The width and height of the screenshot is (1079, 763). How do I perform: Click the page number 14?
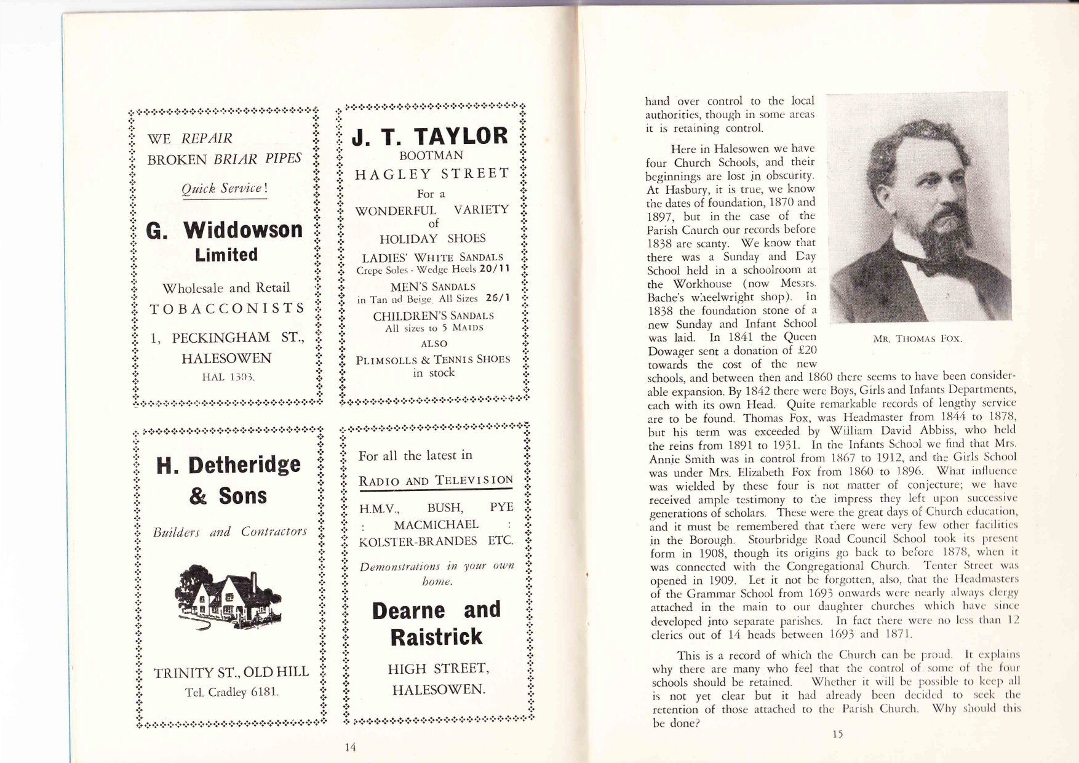(350, 747)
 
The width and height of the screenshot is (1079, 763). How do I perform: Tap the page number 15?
(837, 733)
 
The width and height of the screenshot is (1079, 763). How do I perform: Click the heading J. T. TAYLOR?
(430, 136)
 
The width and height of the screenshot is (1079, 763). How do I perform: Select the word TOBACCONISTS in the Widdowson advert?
(227, 308)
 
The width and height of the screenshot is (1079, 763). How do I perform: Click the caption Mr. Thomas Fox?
(917, 339)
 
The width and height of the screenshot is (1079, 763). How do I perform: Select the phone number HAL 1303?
(228, 377)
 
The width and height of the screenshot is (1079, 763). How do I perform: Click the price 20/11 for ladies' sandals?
(495, 269)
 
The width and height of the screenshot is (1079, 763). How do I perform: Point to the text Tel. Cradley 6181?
(232, 692)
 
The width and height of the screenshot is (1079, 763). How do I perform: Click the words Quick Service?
(225, 188)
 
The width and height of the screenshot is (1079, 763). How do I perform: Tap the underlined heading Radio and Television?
(436, 481)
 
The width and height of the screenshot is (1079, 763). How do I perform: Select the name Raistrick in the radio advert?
(436, 637)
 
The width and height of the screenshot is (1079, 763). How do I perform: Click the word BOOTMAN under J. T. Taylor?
(431, 156)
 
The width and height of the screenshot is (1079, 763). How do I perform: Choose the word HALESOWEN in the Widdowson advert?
(226, 358)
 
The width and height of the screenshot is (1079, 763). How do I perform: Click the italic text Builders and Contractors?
(229, 532)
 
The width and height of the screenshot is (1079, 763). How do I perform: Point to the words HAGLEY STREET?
(432, 174)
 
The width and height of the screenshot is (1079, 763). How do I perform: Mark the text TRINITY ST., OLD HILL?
(231, 672)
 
